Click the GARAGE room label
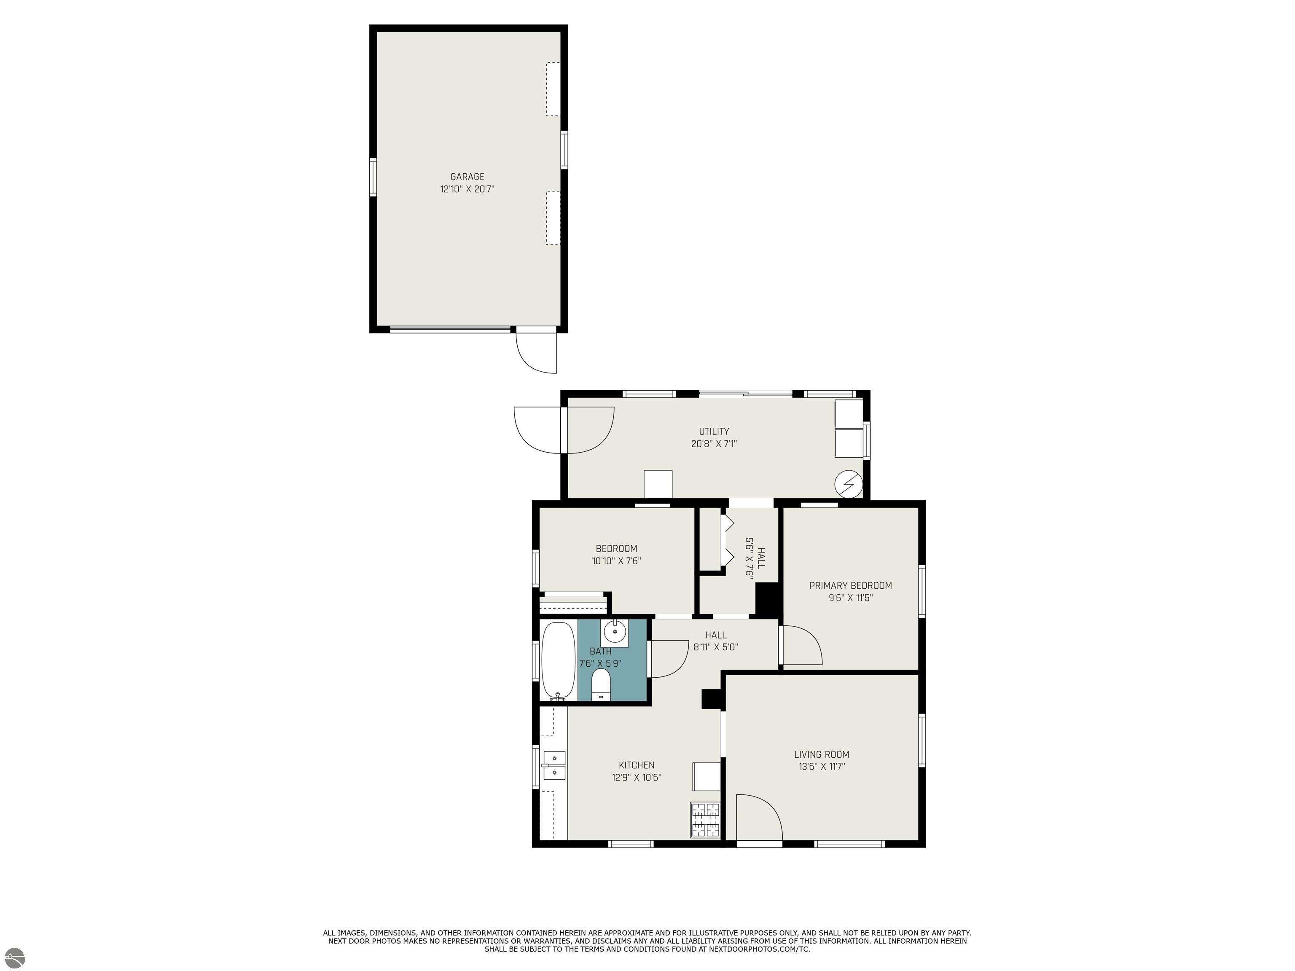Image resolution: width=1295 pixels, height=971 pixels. pos(467,177)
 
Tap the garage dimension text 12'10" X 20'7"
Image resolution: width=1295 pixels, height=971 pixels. pos(467,189)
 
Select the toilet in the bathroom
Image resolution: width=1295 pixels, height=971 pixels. pos(601,685)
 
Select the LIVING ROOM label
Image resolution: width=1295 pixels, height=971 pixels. pos(821,754)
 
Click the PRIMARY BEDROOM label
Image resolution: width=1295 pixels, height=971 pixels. pos(851,585)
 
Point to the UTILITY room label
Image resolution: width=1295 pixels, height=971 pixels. pos(714,432)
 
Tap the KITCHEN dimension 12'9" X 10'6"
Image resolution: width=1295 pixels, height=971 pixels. pos(637,777)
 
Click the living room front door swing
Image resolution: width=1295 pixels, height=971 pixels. pos(759,818)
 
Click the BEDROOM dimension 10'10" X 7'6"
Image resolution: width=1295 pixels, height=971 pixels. pos(616,561)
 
